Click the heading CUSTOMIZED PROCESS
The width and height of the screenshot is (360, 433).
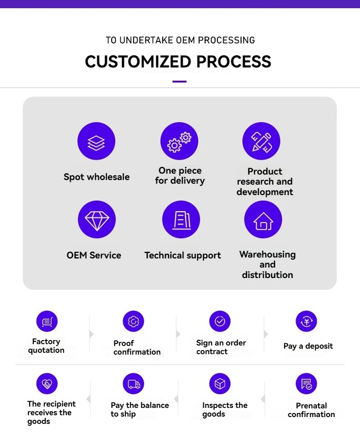click(178, 62)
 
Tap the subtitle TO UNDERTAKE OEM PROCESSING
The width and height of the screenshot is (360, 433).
click(180, 40)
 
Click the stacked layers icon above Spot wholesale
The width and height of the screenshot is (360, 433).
click(96, 141)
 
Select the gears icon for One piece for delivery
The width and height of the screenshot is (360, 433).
click(180, 141)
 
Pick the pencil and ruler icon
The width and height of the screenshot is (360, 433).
click(262, 141)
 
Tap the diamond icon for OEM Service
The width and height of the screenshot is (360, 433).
click(97, 220)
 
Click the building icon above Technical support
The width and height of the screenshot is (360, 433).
click(181, 220)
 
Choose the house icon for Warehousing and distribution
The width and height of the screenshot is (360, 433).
click(263, 220)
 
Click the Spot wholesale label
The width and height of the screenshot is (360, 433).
click(97, 177)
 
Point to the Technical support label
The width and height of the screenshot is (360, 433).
click(183, 255)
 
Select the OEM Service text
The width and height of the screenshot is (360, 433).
click(94, 255)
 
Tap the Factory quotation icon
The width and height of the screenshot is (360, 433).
click(47, 321)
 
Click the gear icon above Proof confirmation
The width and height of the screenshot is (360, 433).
click(134, 321)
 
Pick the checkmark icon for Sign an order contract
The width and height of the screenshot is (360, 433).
click(220, 321)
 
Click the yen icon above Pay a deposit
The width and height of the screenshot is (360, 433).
click(306, 321)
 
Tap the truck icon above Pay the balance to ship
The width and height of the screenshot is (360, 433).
click(134, 384)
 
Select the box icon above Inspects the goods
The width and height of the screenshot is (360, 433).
click(220, 384)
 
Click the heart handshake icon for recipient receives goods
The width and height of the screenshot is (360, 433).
click(47, 384)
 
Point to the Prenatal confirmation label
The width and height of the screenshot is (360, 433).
click(311, 410)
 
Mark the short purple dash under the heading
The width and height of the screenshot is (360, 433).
click(180, 82)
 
